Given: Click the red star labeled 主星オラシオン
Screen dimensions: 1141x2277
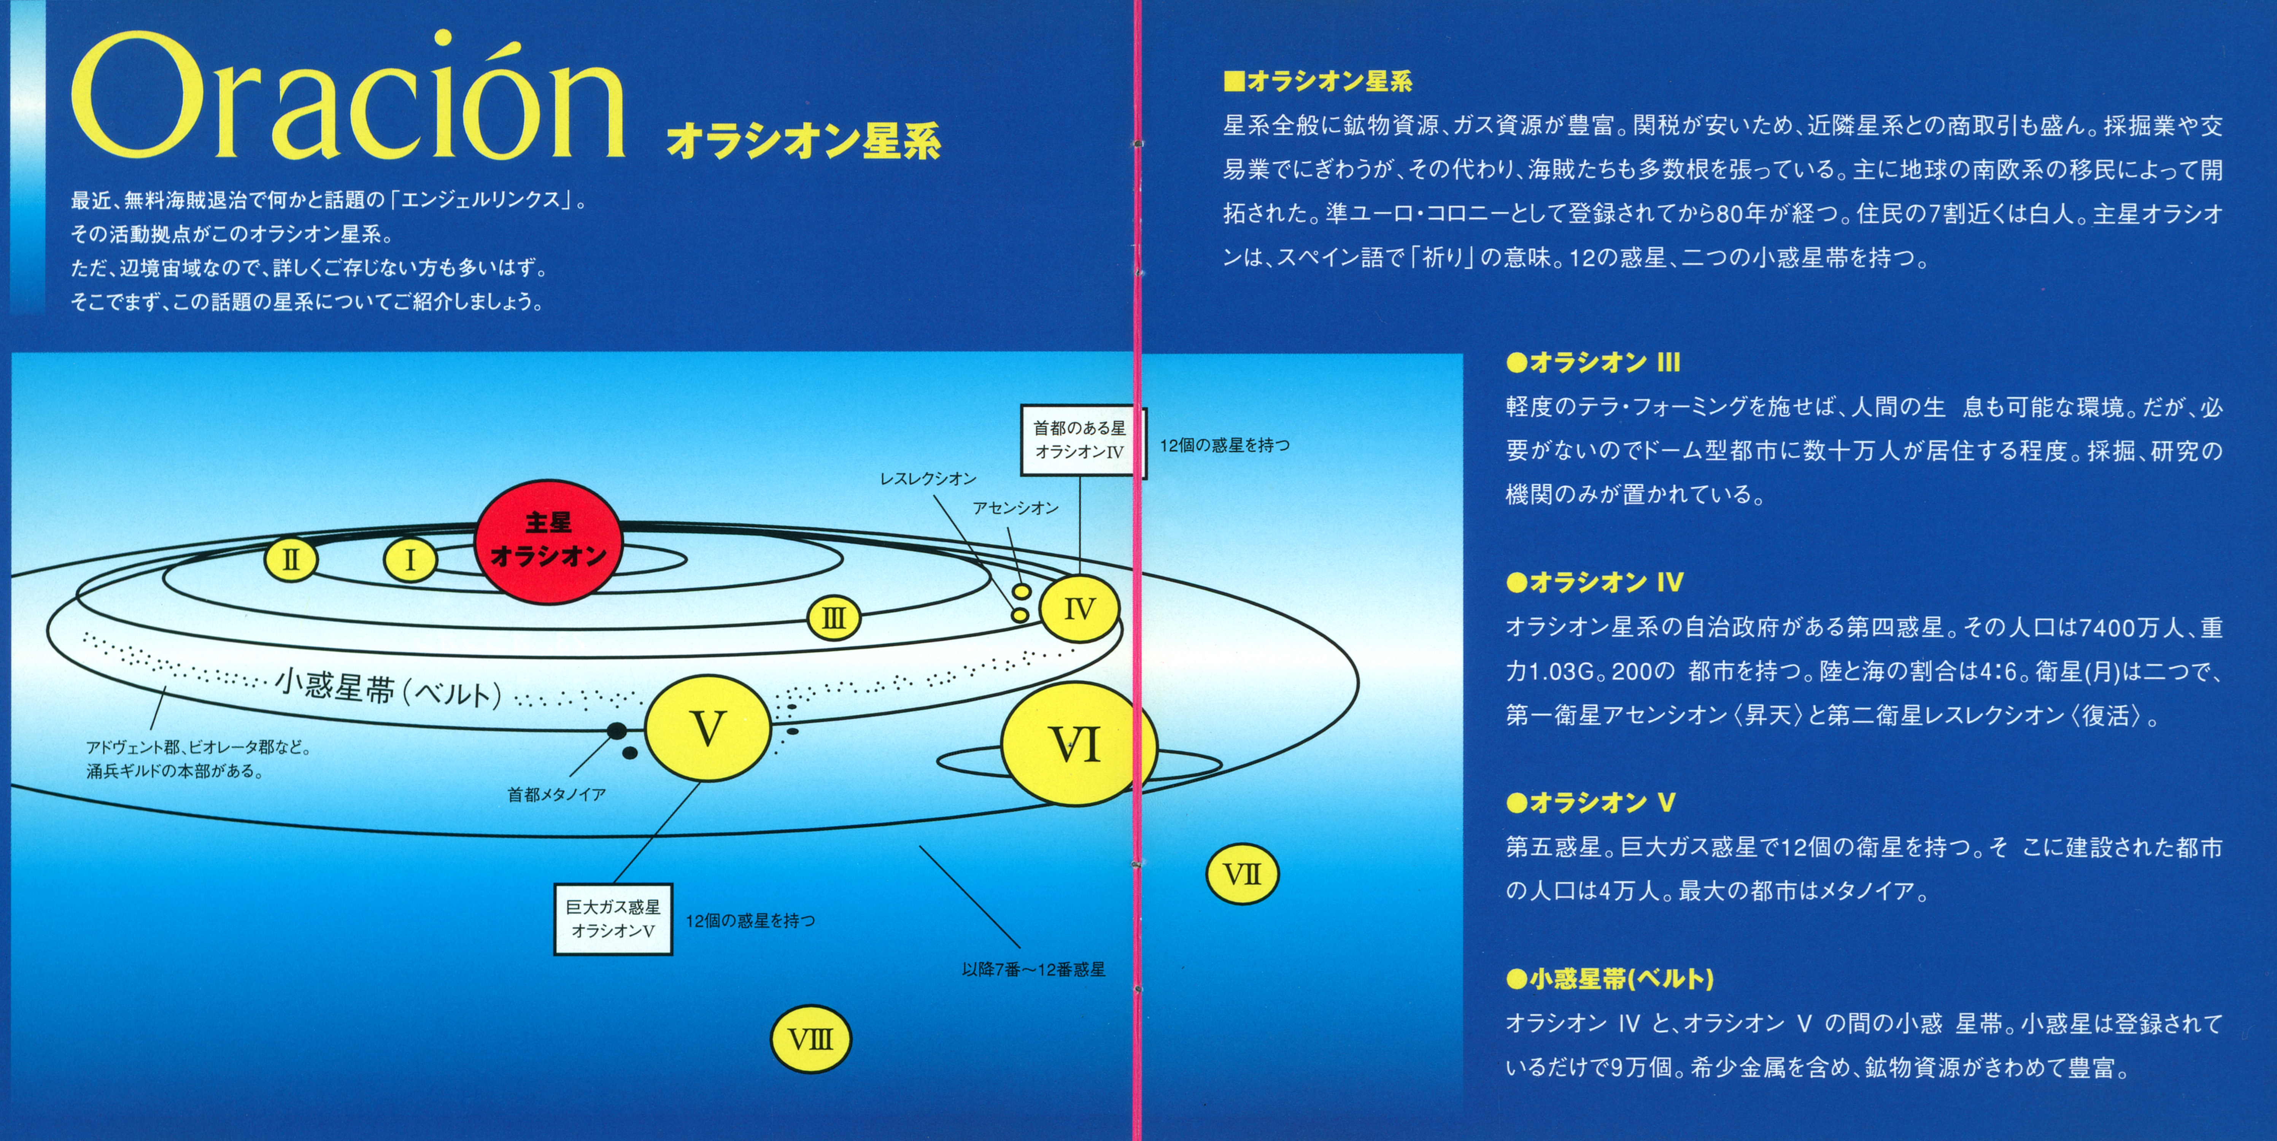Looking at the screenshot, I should tap(548, 541).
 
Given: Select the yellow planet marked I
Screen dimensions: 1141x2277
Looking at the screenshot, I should tap(409, 559).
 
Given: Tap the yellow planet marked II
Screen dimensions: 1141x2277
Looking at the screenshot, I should tap(291, 559).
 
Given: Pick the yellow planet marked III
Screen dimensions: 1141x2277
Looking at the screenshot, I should tap(834, 618).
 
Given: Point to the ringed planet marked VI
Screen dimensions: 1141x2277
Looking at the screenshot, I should tap(1077, 744).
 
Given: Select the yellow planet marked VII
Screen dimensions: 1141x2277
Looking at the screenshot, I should tap(1242, 874).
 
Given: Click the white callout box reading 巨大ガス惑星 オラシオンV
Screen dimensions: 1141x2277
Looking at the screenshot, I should tap(613, 919).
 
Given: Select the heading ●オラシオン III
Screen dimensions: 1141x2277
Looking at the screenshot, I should tap(1593, 362).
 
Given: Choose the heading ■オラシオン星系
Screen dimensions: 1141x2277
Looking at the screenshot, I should tap(1317, 81).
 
